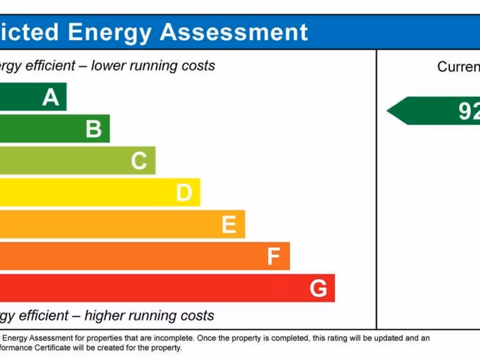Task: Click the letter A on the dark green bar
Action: tap(51, 97)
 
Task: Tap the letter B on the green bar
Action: tap(94, 129)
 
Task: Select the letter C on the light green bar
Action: tap(139, 161)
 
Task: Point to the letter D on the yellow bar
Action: tap(184, 193)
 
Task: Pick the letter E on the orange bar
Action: tap(229, 225)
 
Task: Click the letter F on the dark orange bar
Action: tap(273, 256)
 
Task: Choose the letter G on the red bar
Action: tap(318, 288)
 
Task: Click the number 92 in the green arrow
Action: tap(469, 111)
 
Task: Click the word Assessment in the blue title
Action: tap(234, 32)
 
